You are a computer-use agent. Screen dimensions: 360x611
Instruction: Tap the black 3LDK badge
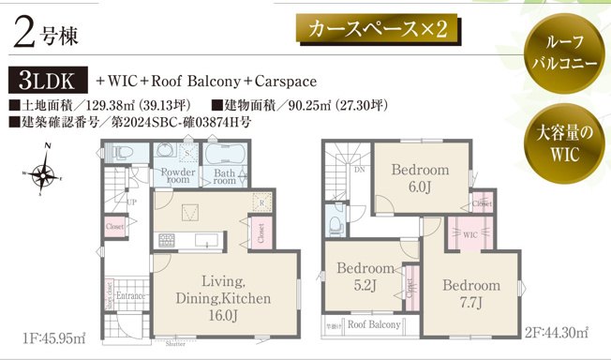tap(48, 80)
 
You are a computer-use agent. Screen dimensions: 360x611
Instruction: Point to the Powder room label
tap(177, 177)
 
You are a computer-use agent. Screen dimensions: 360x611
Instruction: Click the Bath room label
tap(224, 177)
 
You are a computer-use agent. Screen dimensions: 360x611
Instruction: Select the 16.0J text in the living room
tap(222, 316)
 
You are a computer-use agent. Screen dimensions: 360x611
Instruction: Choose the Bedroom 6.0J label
tap(419, 178)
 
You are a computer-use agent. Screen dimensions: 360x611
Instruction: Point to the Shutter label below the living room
tap(174, 344)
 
